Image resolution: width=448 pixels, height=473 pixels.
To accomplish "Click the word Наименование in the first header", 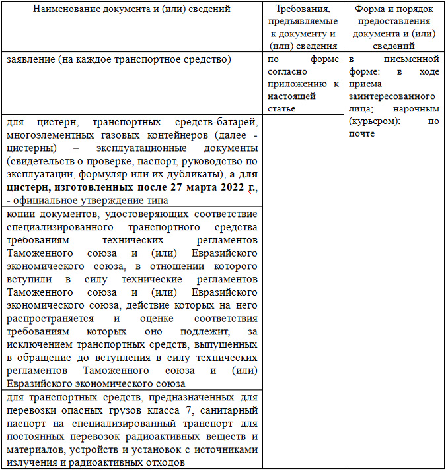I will click(73, 11).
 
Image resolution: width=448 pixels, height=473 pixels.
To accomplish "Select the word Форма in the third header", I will click(369, 11).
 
